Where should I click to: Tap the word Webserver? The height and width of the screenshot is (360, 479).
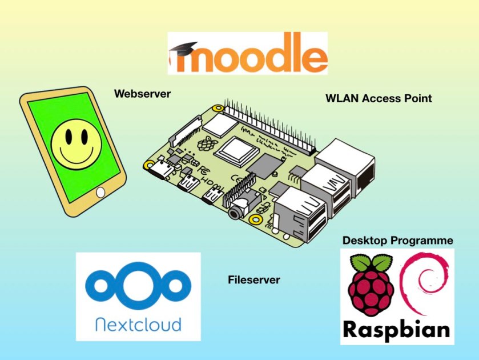[x=142, y=94]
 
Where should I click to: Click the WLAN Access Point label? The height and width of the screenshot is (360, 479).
[x=379, y=98]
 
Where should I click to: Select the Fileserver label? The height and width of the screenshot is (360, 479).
[x=253, y=280]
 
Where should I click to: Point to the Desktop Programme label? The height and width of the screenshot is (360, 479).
[x=397, y=241]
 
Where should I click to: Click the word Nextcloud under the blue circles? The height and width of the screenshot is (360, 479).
[x=138, y=325]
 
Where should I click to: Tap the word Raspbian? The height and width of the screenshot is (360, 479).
[x=396, y=330]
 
